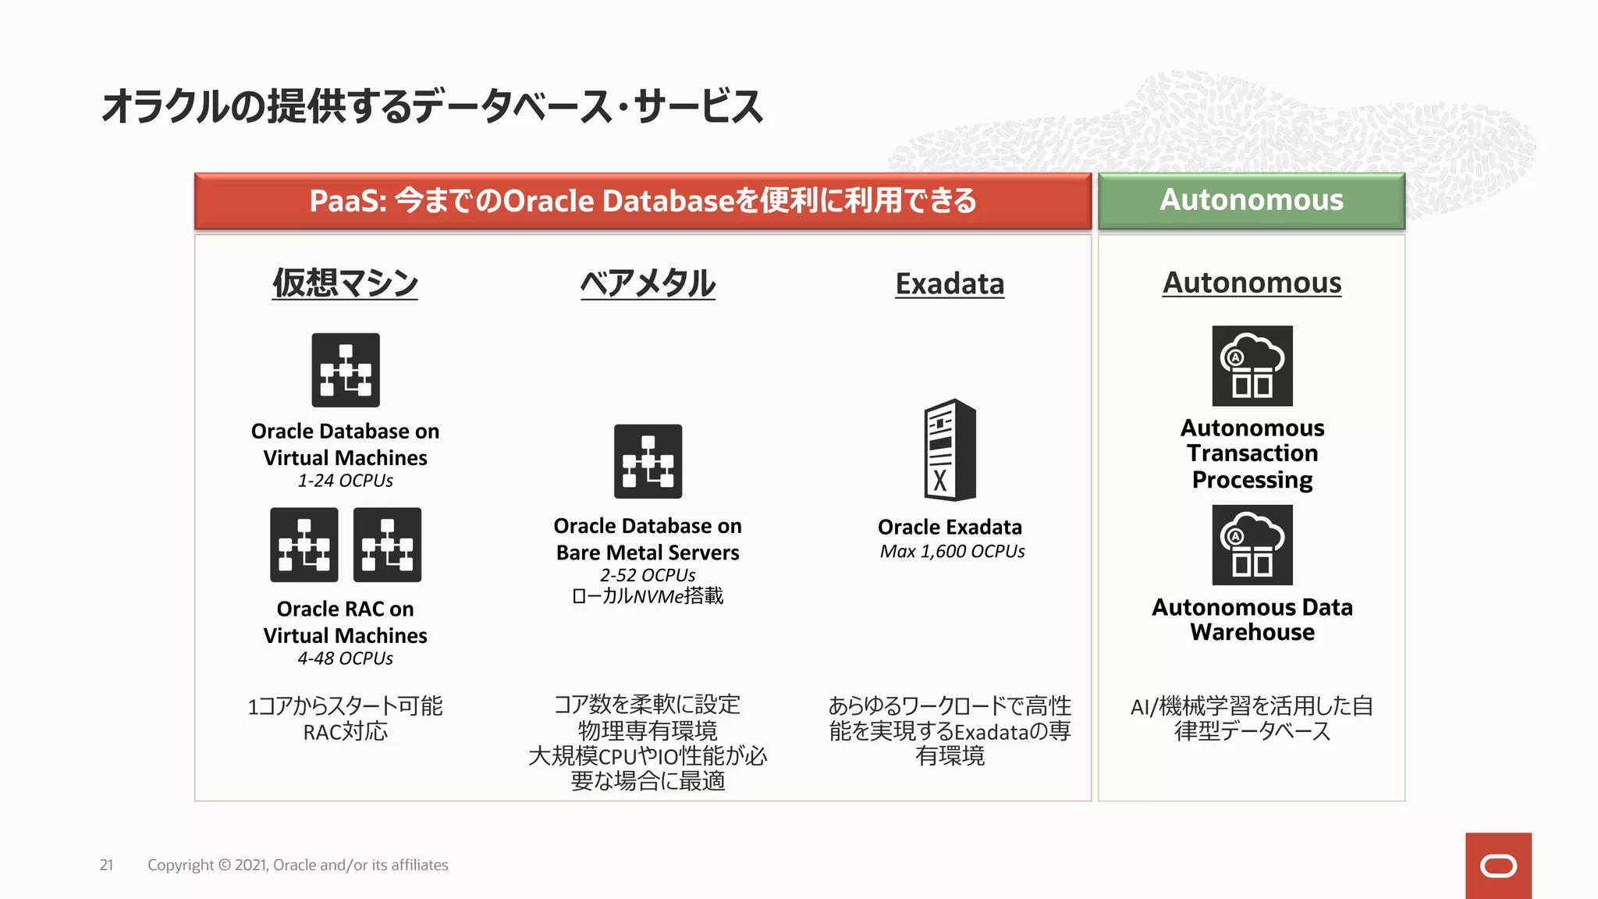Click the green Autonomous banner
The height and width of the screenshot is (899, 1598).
tap(1252, 201)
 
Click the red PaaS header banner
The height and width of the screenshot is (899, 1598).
tap(642, 201)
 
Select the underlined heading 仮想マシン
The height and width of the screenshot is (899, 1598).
tap(345, 283)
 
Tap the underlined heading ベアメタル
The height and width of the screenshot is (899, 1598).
tap(648, 283)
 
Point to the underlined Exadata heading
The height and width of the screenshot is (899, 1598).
tap(950, 284)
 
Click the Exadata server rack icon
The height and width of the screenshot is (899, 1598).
tap(950, 450)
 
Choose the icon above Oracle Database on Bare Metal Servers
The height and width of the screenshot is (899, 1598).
tap(648, 461)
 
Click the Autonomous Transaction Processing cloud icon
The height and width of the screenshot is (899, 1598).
tap(1252, 366)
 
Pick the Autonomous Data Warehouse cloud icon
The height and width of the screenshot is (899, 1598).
tap(1252, 545)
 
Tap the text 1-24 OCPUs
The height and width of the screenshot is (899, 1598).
tap(345, 481)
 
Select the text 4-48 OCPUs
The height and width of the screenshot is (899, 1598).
tap(345, 659)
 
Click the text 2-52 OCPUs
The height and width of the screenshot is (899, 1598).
tap(648, 575)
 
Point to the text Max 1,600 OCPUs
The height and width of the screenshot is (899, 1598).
tap(952, 552)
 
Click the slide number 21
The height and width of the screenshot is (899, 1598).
tap(106, 865)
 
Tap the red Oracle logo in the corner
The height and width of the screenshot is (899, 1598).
tap(1498, 865)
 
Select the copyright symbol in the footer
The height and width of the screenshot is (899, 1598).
tap(225, 865)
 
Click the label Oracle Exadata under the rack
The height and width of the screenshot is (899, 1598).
tap(950, 528)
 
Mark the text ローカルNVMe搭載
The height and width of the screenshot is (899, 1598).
tap(648, 597)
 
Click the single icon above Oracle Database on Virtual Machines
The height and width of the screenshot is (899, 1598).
tap(346, 370)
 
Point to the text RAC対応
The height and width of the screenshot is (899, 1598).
tap(345, 732)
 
